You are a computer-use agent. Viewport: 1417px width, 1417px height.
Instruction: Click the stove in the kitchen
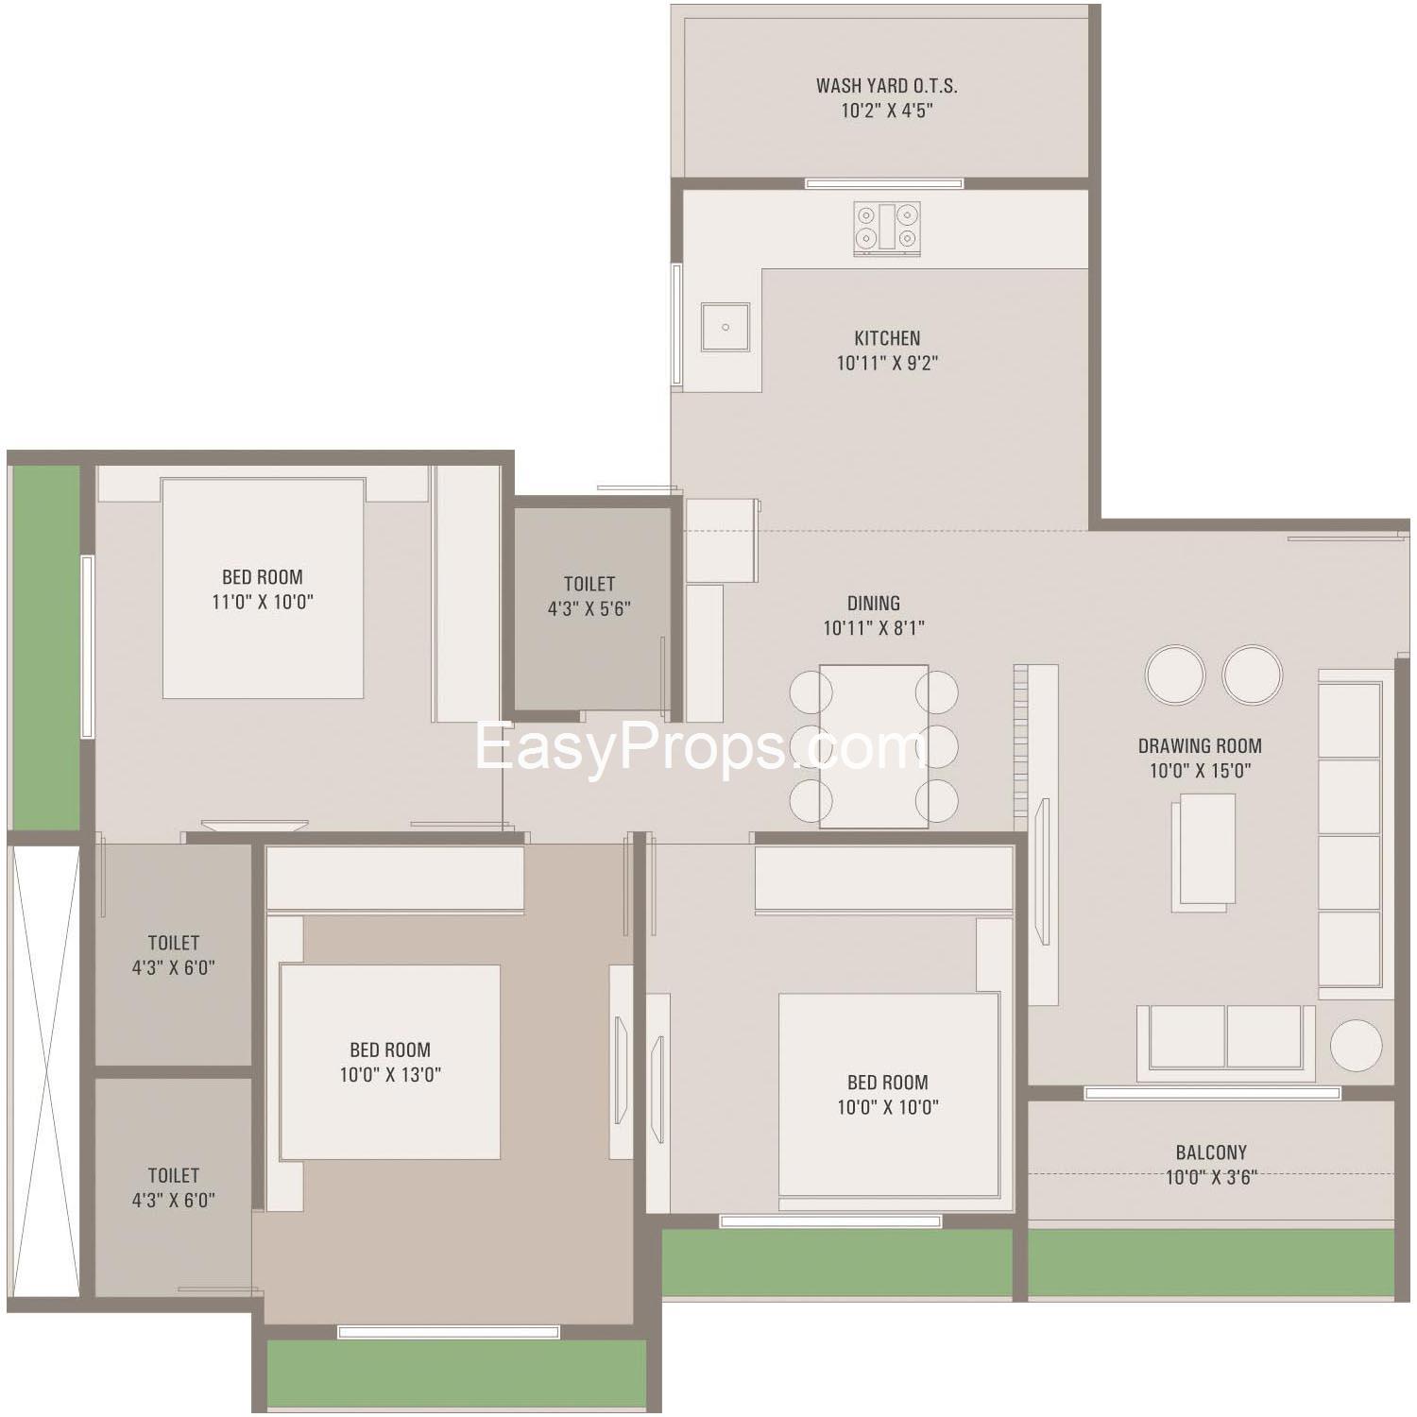click(887, 229)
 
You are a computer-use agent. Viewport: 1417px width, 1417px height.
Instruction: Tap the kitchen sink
click(726, 327)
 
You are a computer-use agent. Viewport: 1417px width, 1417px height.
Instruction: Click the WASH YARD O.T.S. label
click(887, 86)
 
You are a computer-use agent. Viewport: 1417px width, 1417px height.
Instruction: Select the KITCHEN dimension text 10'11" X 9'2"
click(887, 363)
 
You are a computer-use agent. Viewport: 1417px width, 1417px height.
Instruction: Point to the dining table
click(874, 746)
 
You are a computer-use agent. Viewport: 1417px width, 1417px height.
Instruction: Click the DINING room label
click(874, 603)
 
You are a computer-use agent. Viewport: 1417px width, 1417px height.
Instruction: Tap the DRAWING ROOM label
click(1200, 745)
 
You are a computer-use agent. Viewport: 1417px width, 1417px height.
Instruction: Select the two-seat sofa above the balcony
click(1226, 1042)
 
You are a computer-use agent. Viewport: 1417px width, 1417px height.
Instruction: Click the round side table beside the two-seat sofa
click(1357, 1045)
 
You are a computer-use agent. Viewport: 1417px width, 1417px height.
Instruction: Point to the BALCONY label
click(1211, 1152)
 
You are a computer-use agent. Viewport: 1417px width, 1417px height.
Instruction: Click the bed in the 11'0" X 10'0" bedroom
click(263, 588)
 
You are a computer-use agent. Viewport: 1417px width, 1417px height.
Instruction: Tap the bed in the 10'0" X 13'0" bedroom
click(389, 1062)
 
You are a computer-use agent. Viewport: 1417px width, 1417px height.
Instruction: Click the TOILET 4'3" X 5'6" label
click(589, 596)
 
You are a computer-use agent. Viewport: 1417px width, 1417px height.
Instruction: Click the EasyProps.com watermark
click(701, 748)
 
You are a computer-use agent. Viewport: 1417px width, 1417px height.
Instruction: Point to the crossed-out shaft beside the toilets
click(44, 1071)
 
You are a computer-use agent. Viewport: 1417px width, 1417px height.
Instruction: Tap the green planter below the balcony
click(1211, 1262)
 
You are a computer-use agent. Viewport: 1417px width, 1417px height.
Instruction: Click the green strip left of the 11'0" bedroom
click(44, 648)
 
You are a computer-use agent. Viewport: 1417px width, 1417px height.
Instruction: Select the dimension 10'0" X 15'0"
click(1200, 771)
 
